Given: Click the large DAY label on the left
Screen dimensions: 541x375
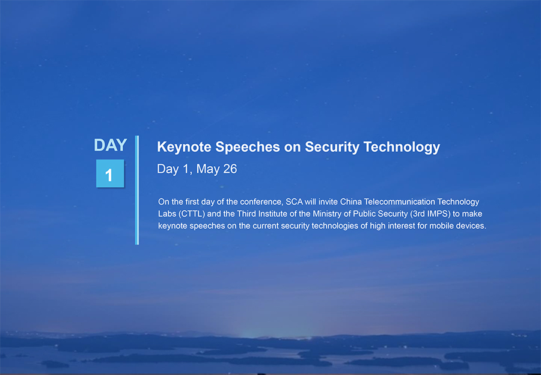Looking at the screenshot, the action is pos(111,145).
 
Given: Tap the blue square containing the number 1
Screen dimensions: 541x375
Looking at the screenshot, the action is pos(110,173).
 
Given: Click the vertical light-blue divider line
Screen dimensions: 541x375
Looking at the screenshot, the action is pos(137,190).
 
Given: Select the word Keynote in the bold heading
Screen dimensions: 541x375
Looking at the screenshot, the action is pos(184,147).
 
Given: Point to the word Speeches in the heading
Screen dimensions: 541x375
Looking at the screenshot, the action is pos(248,147).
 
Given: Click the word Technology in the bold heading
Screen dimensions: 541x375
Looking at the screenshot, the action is pos(402,147).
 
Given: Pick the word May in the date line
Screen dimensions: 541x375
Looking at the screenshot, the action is pos(208,169).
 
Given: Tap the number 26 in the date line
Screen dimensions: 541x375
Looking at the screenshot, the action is pos(230,169).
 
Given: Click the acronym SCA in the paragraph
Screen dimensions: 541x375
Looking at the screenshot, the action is pos(294,202).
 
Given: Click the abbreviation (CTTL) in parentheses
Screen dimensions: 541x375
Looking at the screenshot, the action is pos(192,214).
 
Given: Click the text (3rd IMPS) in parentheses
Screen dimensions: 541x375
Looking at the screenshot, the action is pos(430,214).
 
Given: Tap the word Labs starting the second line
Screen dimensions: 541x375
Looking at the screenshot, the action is pos(167,214).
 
